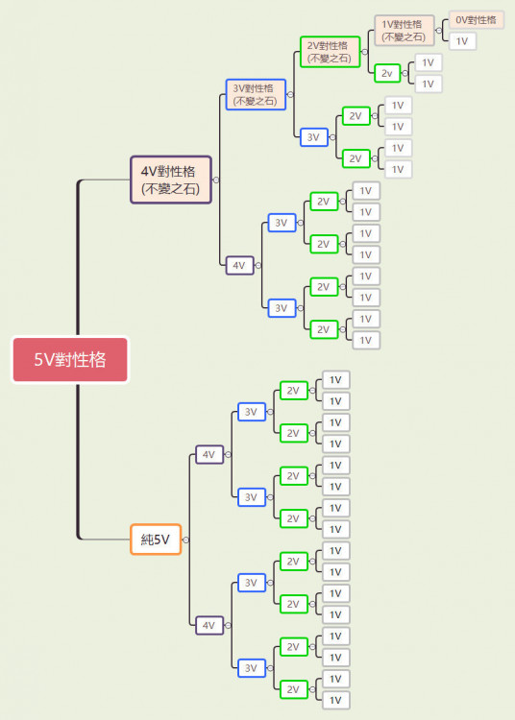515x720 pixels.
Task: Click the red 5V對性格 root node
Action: [x=70, y=360]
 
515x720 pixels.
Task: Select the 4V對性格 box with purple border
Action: [x=171, y=180]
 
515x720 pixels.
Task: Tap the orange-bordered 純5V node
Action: [x=156, y=540]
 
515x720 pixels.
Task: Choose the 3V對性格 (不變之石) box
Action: [x=256, y=95]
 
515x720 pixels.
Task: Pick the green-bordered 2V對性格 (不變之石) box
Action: [x=330, y=52]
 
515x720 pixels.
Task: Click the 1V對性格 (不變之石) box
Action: [x=405, y=31]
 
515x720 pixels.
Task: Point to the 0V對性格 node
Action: [x=477, y=20]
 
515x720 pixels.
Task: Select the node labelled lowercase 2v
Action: [x=387, y=73]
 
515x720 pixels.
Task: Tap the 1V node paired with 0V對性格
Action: [x=462, y=41]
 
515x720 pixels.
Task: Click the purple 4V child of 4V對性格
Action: [x=239, y=265]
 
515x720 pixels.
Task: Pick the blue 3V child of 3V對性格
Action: [x=314, y=137]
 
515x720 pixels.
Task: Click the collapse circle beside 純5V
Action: [x=185, y=540]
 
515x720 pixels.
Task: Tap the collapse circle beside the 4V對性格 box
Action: [x=216, y=180]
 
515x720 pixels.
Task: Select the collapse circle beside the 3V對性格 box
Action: [x=290, y=95]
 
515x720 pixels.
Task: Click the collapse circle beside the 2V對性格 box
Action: [x=365, y=52]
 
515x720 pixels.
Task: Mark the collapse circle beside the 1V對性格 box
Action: [x=439, y=31]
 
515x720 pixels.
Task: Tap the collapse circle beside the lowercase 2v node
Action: [x=405, y=73]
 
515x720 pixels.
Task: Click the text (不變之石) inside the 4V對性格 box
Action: [x=171, y=189]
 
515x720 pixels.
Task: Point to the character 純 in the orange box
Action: [x=147, y=540]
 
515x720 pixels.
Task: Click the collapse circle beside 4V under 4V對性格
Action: [x=258, y=265]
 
